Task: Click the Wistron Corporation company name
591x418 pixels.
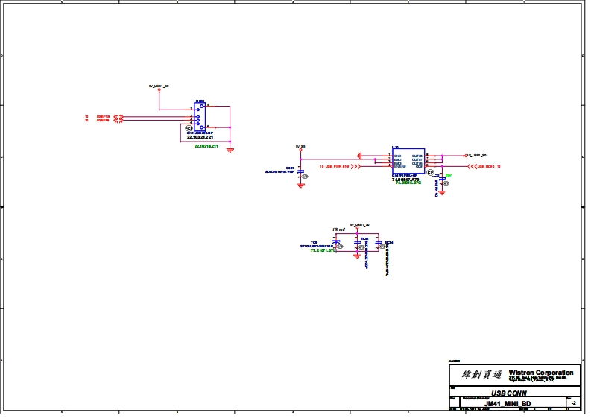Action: [x=540, y=372]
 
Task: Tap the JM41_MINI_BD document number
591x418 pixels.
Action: [x=507, y=402]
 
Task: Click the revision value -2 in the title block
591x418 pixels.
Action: [x=572, y=402]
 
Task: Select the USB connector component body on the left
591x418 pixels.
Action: [x=200, y=116]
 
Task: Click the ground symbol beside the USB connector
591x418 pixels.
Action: [x=230, y=150]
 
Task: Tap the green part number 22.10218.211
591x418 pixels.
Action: [x=206, y=145]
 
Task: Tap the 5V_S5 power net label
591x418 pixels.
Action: [x=300, y=146]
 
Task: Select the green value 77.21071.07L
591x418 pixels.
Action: [x=323, y=251]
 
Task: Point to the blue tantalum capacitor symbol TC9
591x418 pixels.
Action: [x=337, y=243]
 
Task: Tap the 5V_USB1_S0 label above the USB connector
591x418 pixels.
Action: [x=159, y=86]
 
